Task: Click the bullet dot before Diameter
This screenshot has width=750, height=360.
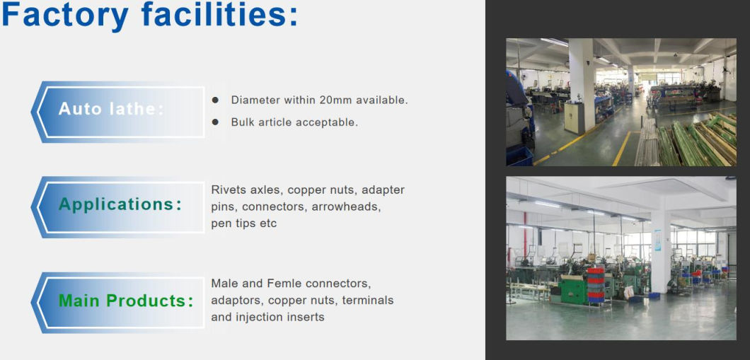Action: pyautogui.click(x=215, y=100)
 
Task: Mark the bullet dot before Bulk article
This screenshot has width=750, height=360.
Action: pyautogui.click(x=215, y=122)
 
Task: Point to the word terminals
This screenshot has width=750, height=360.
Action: pyautogui.click(x=368, y=300)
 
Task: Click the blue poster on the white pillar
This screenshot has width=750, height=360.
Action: pyautogui.click(x=657, y=240)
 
